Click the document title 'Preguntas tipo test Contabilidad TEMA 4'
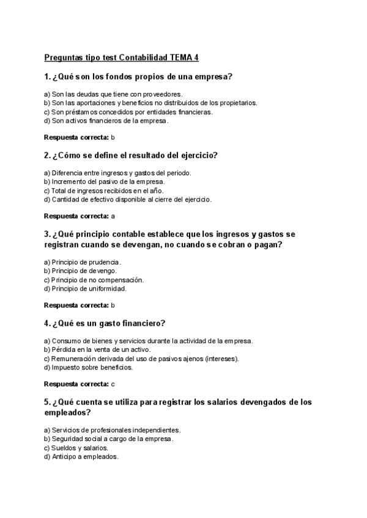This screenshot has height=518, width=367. click(121, 58)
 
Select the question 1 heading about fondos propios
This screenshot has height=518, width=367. click(138, 77)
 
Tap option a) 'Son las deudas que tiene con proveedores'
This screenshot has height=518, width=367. click(113, 94)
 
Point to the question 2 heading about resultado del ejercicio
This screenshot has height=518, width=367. click(131, 155)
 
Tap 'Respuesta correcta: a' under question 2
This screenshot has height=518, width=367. click(80, 216)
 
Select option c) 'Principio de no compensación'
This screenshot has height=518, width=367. click(94, 280)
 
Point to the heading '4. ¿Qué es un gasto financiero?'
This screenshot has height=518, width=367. click(105, 323)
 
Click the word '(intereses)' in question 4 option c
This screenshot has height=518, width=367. click(222, 359)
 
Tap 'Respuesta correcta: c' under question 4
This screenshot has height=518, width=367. click(80, 384)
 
